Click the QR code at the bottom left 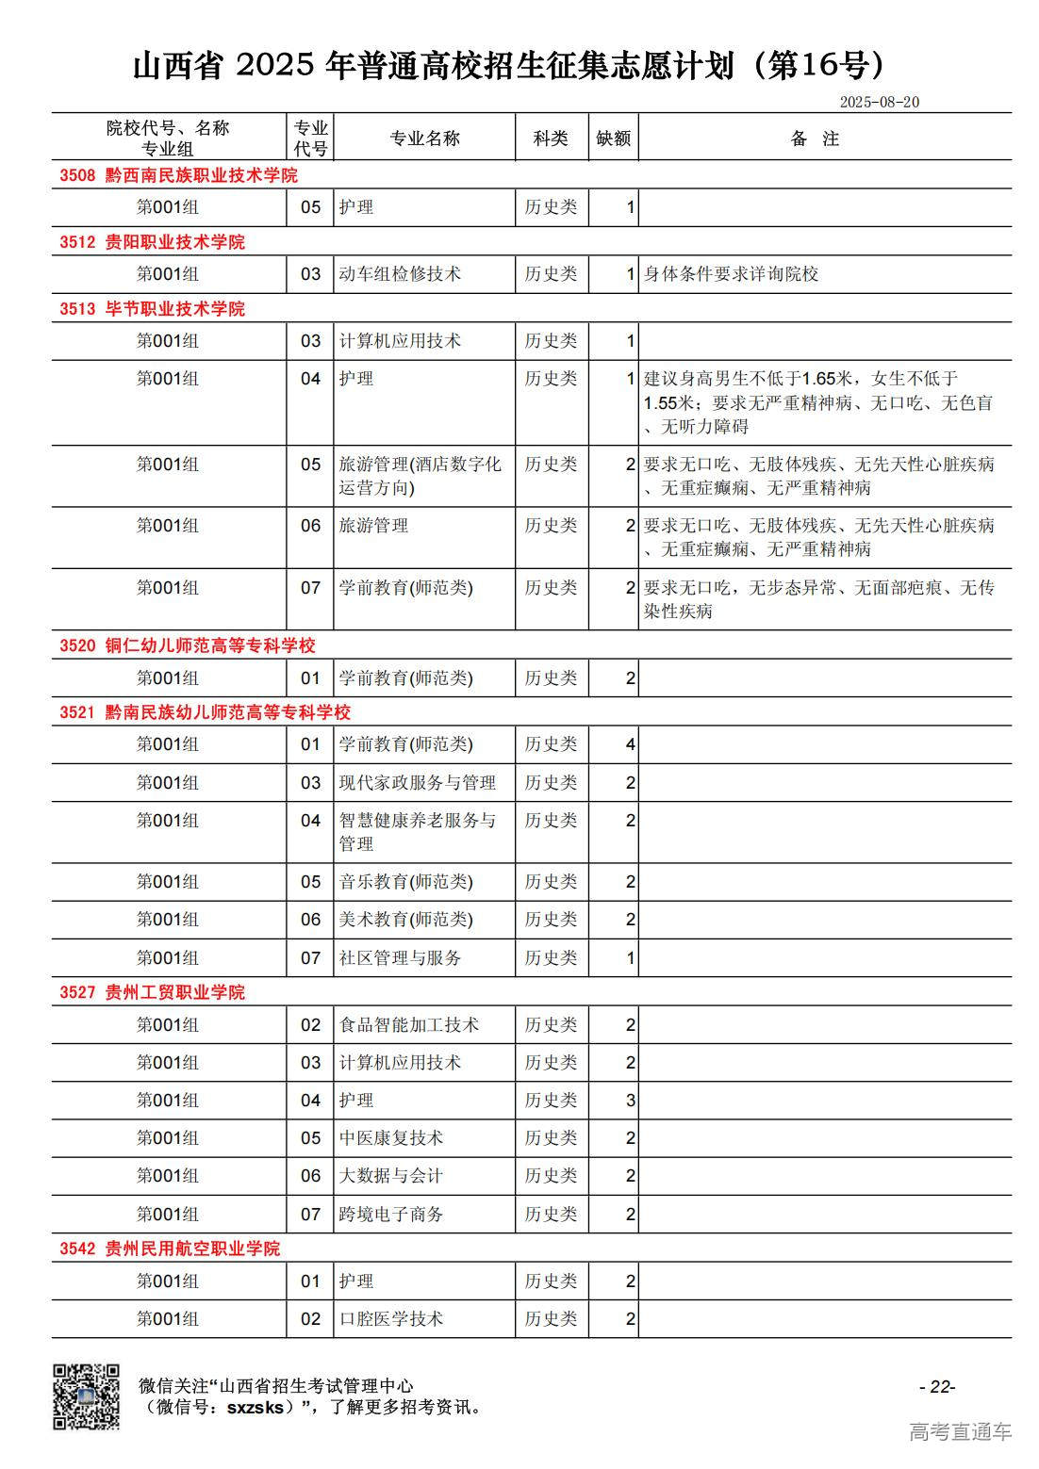pos(86,1396)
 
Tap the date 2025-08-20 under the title pos(879,102)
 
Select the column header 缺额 pos(613,139)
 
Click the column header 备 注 pos(815,139)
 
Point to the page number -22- pos(937,1386)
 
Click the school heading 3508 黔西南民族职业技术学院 pos(178,175)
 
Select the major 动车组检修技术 pos(400,274)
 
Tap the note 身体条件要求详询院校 pos(731,274)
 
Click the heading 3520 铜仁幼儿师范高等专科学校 pos(187,645)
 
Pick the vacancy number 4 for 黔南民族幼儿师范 pos(630,744)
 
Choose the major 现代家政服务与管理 pos(417,783)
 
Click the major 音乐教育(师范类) pos(405,882)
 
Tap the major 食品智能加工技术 pos(408,1025)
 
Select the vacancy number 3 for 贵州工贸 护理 pos(630,1101)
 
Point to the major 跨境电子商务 pos(391,1215)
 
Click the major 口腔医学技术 pos(391,1319)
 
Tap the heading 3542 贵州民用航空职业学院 pos(170,1249)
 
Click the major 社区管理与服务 pos(400,958)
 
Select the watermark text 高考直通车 pos(960,1432)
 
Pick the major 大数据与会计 pos(391,1176)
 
